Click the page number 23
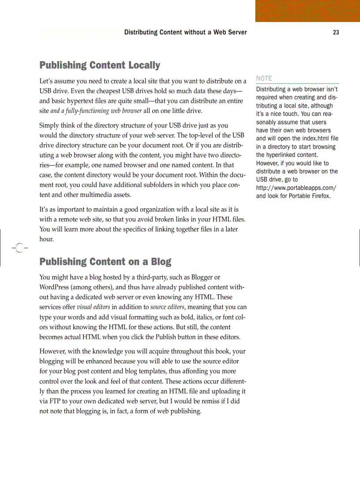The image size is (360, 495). coord(336,33)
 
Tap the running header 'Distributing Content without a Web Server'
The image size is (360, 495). coord(185,33)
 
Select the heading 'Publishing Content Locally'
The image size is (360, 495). coord(100,66)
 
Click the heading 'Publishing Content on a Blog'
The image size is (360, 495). coord(105,262)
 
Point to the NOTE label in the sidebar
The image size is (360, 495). coord(264,78)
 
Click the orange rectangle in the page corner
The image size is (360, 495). coord(307,11)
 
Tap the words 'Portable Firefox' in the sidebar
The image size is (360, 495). coord(309,196)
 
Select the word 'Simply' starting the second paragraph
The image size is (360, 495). coord(49,126)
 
